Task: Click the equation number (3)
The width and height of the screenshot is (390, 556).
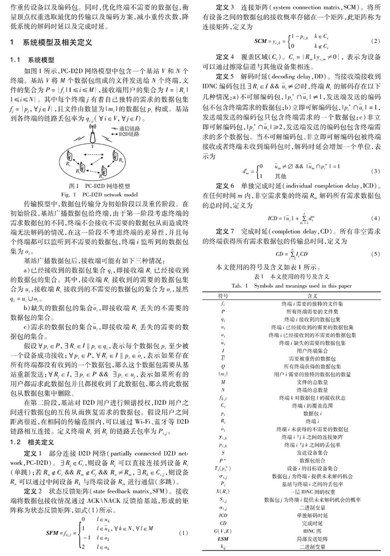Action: pyautogui.click(x=376, y=170)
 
